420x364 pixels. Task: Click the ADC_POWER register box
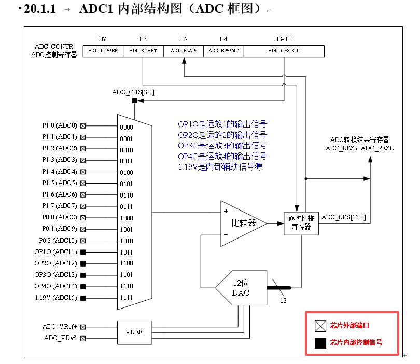tap(103, 51)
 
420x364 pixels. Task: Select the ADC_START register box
tap(143, 51)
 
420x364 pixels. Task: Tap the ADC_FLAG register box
tap(183, 51)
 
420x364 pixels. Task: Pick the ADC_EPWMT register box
tap(223, 51)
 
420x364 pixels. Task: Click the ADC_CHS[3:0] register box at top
tap(284, 51)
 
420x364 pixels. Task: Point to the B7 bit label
tap(103, 39)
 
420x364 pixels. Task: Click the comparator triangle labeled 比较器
tap(242, 223)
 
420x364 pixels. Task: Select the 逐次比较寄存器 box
tap(301, 223)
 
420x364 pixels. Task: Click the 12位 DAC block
tap(242, 288)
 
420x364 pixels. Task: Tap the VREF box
tap(134, 332)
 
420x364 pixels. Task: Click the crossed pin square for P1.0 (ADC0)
tap(83, 126)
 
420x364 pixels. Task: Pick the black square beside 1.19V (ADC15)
tap(83, 298)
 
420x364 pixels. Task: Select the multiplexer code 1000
tap(127, 218)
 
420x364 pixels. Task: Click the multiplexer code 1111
tap(127, 298)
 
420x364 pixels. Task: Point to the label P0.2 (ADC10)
tap(58, 241)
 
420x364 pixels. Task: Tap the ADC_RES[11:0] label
tap(343, 217)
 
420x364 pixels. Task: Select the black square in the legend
tap(320, 342)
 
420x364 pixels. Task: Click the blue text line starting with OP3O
tap(222, 145)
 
